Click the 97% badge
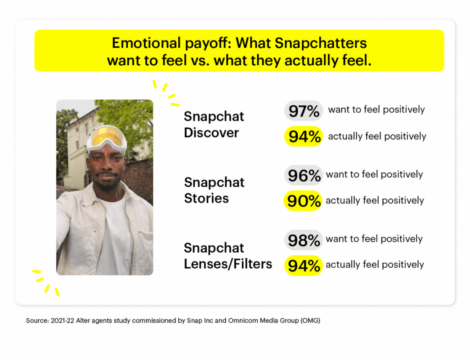coord(304,111)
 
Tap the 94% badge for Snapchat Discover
coord(304,137)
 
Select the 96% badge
coord(304,175)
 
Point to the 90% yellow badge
coord(303,201)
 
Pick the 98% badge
coord(304,240)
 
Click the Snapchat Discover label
coord(214,125)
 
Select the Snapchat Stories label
coord(214,190)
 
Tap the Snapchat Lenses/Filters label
coord(228,255)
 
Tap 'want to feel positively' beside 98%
coord(374,239)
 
